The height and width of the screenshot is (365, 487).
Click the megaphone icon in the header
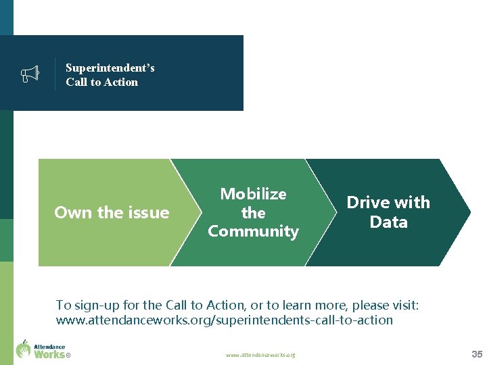[x=30, y=74]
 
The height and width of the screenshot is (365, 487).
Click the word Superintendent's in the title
[x=110, y=68]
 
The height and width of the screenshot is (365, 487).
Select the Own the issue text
[x=112, y=212]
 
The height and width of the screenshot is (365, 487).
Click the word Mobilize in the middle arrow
[x=254, y=194]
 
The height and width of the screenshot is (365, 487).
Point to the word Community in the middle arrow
[x=254, y=231]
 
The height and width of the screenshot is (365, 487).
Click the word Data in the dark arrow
[x=388, y=222]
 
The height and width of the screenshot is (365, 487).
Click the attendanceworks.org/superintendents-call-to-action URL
[x=224, y=320]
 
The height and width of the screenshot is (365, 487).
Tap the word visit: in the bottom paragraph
[x=400, y=305]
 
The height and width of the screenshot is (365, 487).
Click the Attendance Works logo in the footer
[x=41, y=349]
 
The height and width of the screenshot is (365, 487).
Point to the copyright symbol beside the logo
[x=68, y=355]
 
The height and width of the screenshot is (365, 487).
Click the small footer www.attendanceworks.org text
[x=260, y=355]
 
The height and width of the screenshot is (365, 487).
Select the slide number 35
[x=476, y=354]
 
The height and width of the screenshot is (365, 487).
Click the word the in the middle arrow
[x=254, y=213]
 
